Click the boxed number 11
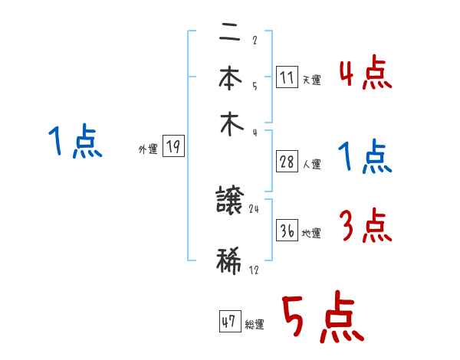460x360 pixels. point(287,77)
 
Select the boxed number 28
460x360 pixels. point(287,162)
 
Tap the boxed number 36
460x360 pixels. point(287,231)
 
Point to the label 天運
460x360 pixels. point(311,80)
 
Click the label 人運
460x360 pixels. point(311,164)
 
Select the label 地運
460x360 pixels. point(311,233)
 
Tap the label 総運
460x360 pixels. point(255,324)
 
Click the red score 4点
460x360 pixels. point(366,75)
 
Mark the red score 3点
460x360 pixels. point(366,225)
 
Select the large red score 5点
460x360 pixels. point(322,319)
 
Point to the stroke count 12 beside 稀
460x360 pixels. point(254,270)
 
